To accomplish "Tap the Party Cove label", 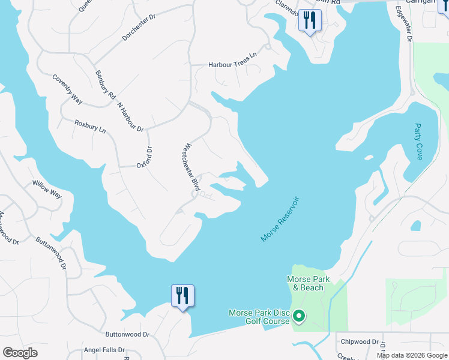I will [x=419, y=142].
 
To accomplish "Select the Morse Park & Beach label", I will [x=309, y=283].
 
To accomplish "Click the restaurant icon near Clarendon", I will [x=310, y=20].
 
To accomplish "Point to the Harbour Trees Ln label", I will [x=232, y=64].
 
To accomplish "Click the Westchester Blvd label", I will [x=191, y=167].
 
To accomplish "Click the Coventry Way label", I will [x=67, y=89].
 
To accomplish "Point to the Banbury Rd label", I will [x=104, y=86].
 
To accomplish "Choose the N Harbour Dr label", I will [x=131, y=116].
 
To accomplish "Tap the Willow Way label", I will [x=47, y=190].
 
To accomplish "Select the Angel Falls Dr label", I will [x=104, y=350].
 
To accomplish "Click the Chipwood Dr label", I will [x=360, y=342].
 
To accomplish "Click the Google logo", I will [x=20, y=353].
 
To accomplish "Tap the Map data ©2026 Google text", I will [x=411, y=355].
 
